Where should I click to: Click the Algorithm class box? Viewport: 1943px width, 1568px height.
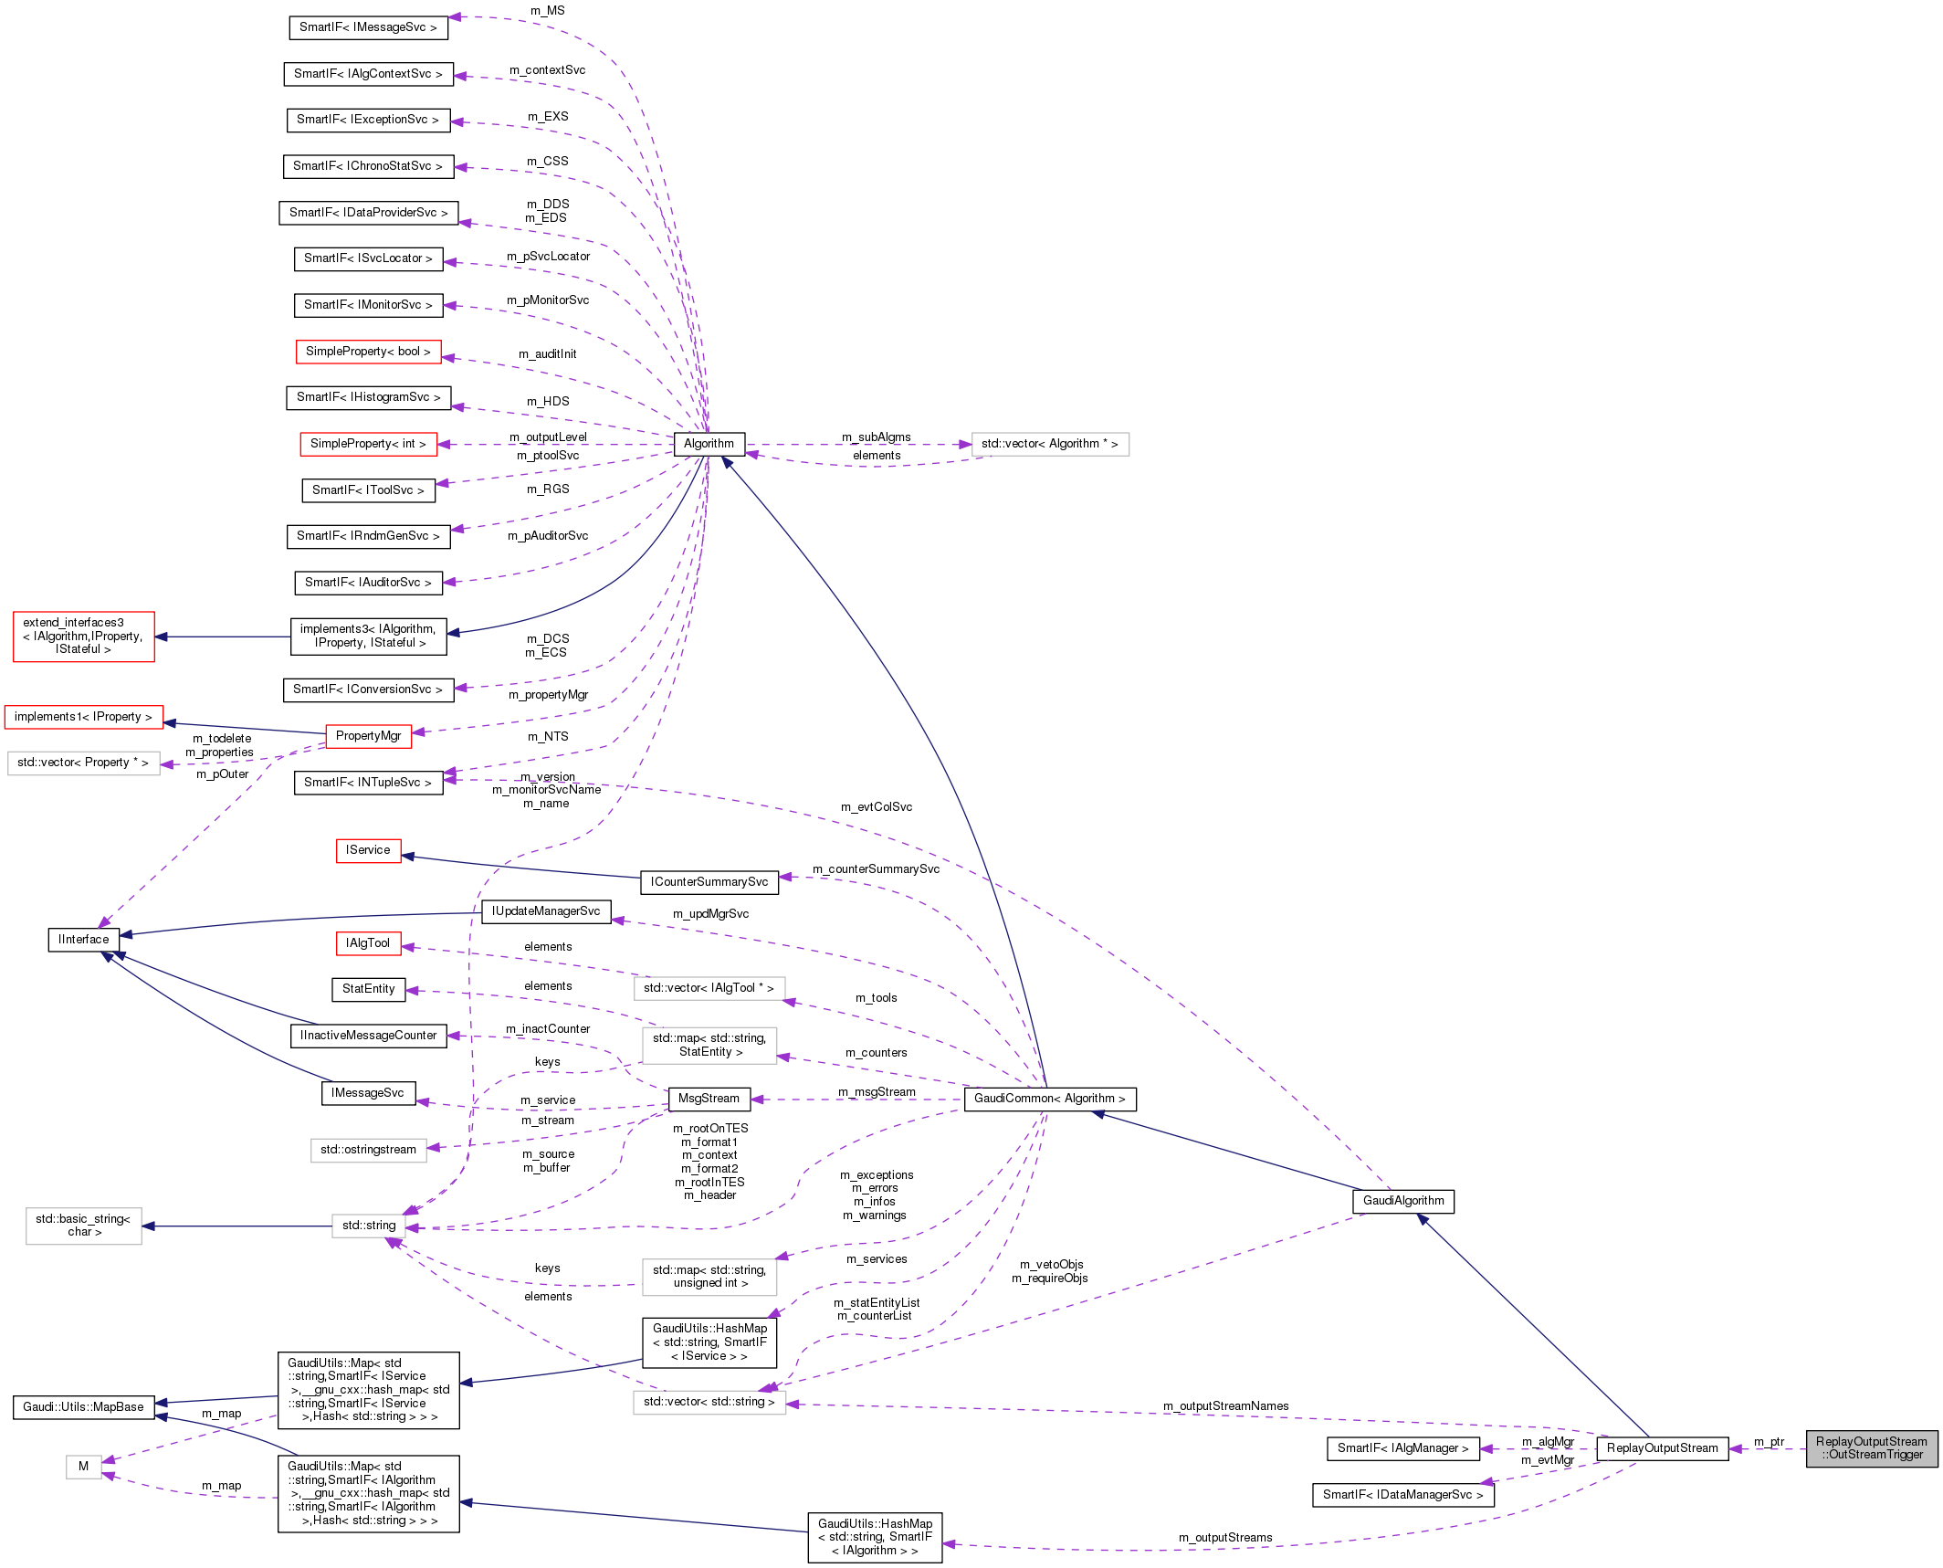709,444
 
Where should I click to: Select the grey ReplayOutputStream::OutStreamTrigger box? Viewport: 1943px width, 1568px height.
1871,1448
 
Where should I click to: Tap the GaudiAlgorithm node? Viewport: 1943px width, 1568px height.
1402,1201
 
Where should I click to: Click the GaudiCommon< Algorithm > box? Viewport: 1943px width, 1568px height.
1050,1099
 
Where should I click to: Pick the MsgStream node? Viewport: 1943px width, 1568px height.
709,1099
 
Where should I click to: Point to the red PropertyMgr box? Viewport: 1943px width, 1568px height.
368,736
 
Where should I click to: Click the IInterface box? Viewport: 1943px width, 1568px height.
83,940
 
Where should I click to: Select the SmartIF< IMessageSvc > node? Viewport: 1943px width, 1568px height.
368,27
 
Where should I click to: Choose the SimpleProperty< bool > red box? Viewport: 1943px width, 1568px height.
368,352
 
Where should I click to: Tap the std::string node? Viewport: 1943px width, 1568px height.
369,1226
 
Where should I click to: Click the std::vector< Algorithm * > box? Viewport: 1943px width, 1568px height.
1049,444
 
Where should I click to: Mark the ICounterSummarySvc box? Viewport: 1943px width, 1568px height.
709,882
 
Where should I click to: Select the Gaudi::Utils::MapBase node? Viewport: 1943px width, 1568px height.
83,1407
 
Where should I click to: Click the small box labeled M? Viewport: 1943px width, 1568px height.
83,1467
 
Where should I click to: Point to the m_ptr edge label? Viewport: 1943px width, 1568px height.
1769,1442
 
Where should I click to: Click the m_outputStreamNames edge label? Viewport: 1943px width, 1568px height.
1225,1406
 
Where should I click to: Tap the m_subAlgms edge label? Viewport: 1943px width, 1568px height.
876,437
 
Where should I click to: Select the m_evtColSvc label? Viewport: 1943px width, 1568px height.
876,807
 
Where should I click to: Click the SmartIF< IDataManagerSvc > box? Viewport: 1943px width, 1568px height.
1402,1495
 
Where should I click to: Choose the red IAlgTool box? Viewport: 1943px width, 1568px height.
368,943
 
